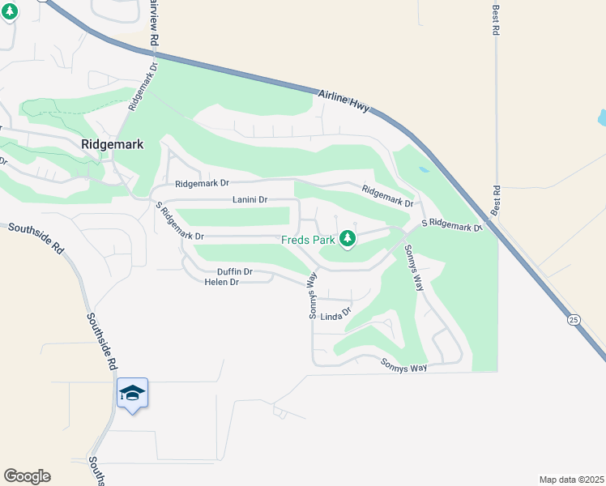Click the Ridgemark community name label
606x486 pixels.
point(112,144)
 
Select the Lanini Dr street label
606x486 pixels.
point(250,199)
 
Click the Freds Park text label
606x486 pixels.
point(308,240)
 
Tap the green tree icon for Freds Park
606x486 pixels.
point(348,238)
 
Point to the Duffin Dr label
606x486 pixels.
point(235,271)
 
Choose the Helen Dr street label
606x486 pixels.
point(221,282)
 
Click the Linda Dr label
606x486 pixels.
point(336,314)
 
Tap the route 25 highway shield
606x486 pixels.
point(574,321)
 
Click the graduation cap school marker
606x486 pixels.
point(132,394)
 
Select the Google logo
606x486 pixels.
point(27,476)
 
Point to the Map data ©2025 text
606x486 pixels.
point(570,480)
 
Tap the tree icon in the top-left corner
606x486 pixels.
point(9,14)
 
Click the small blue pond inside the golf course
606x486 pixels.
point(424,170)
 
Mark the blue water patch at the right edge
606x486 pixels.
point(601,118)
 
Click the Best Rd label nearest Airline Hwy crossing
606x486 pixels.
point(496,200)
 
